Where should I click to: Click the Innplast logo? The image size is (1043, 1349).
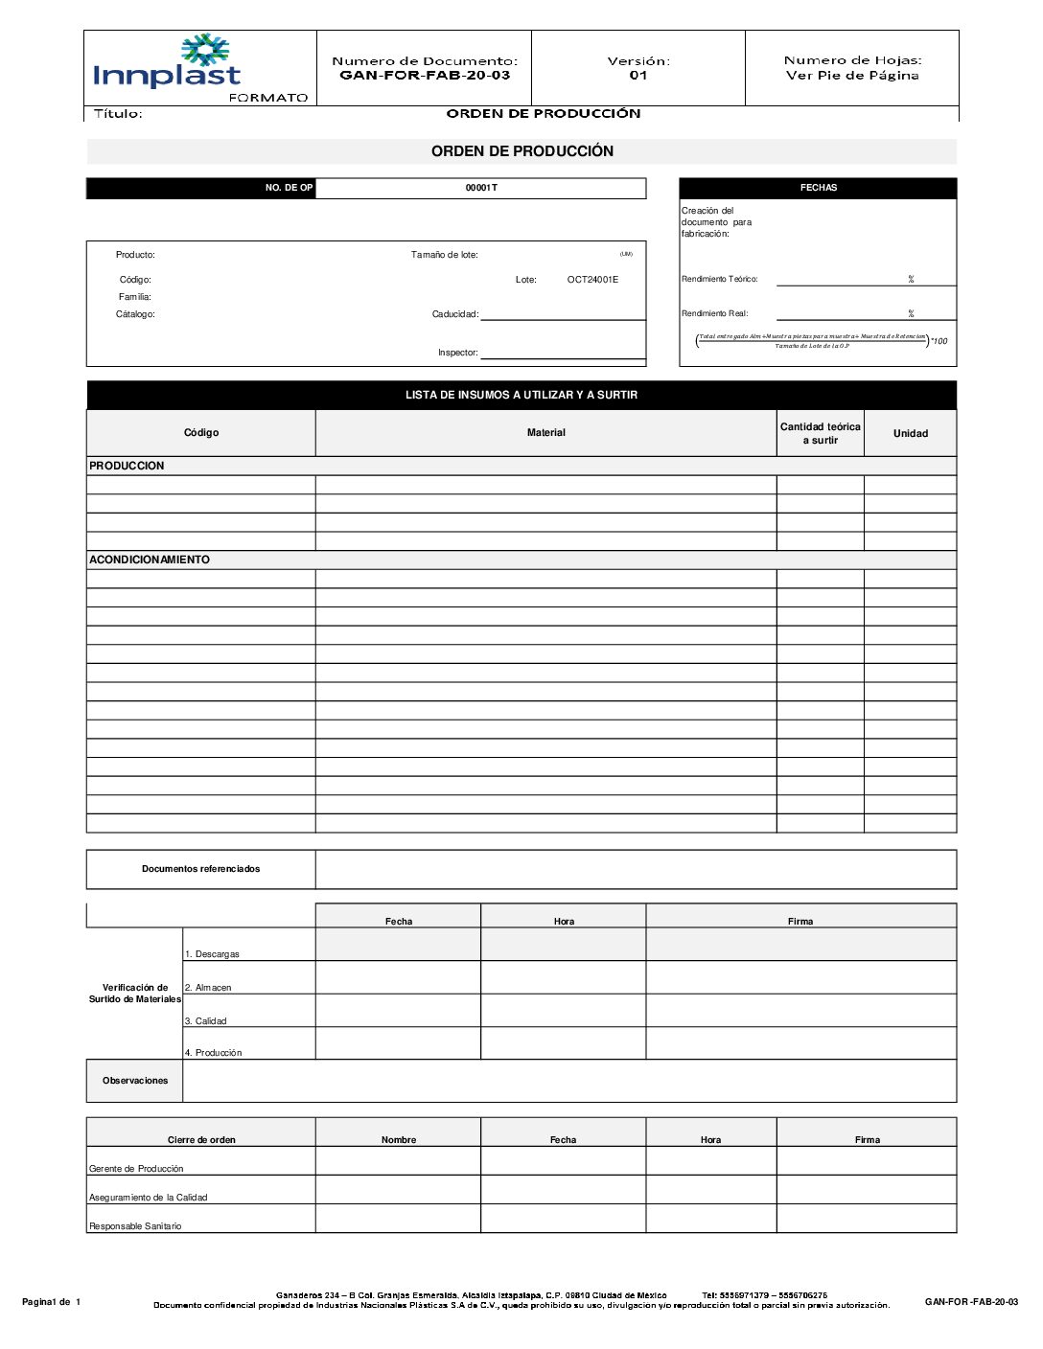point(168,64)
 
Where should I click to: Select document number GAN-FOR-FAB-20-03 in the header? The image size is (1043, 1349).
point(425,76)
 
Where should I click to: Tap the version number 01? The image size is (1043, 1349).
point(638,76)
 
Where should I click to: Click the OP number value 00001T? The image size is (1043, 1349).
point(481,188)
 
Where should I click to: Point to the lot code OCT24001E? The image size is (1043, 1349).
point(592,280)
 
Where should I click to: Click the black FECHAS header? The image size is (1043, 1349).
point(818,188)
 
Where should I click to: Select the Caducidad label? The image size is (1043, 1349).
point(454,314)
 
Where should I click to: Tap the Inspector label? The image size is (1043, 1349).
point(457,353)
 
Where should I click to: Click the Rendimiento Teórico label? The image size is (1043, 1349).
point(719,280)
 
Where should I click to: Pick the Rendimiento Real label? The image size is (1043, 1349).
point(714,313)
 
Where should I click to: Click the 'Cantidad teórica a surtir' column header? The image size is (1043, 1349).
point(820,433)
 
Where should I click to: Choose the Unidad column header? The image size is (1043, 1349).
point(910,433)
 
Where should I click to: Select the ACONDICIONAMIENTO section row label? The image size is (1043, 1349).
point(150,560)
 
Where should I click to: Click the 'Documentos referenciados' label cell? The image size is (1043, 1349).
point(200,869)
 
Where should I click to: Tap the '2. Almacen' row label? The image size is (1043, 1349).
point(208,987)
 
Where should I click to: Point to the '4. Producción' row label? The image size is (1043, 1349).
point(213,1052)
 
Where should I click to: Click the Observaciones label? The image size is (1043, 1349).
point(135,1081)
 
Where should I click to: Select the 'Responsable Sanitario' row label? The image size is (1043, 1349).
point(135,1226)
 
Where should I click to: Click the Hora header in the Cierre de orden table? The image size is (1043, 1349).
point(710,1139)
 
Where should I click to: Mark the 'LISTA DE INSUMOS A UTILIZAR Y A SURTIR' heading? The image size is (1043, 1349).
point(521,395)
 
